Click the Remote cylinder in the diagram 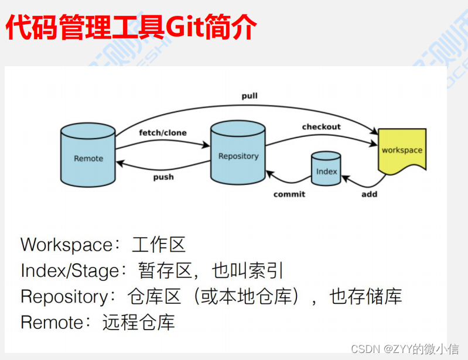click(88, 157)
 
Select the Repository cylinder click(238, 155)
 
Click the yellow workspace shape click(401, 150)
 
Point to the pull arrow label click(250, 95)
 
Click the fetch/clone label click(163, 133)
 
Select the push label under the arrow click(163, 177)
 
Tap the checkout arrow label click(321, 127)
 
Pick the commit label click(289, 194)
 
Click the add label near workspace click(369, 194)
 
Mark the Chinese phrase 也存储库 click(366, 296)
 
